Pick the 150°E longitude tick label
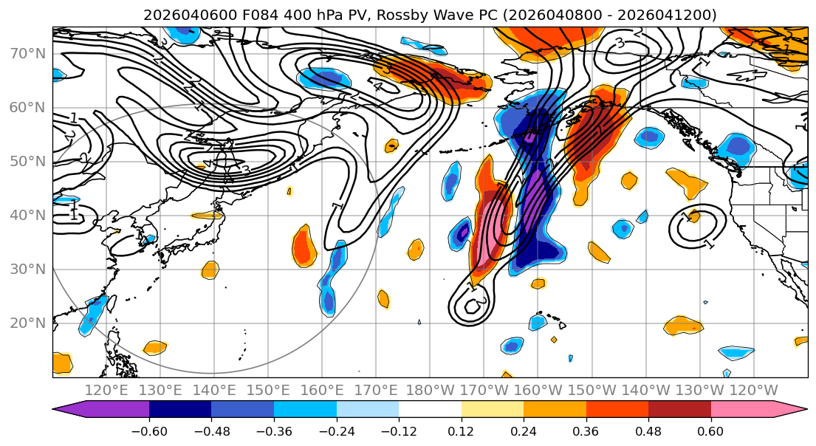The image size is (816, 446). pos(268,390)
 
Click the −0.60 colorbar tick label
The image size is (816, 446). pos(149,430)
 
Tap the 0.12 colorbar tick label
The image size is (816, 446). pos(462,430)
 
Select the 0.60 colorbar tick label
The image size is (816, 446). pos(710,430)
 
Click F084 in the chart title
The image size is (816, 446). pos(262,15)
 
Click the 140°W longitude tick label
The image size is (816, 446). pos(645,390)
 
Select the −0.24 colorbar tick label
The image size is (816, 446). pos(336,430)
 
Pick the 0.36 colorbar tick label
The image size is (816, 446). pos(586,430)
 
